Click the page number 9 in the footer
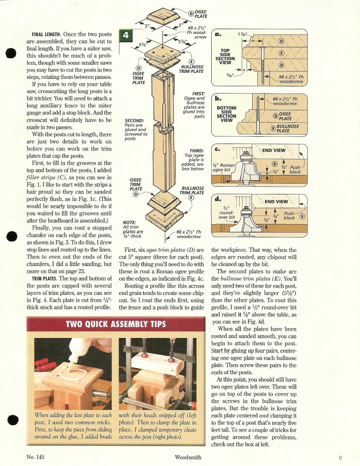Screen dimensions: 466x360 pos(340,457)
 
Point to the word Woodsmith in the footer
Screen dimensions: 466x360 pos(188,457)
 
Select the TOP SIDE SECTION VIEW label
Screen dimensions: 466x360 pos(225,56)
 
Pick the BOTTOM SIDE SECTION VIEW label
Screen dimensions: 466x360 pos(226,114)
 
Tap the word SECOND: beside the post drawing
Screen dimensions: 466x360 pos(134,120)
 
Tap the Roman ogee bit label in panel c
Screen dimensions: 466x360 pos(224,167)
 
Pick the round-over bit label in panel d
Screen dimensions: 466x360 pos(227,213)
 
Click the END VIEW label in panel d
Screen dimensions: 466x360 pos(276,201)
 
